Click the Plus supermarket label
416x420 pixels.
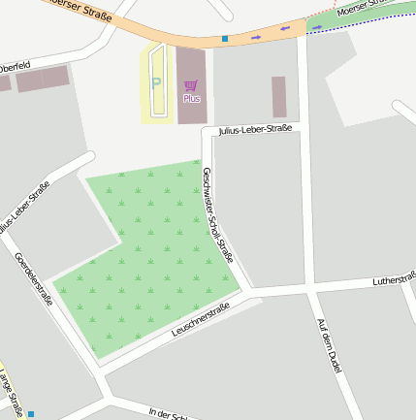(191, 99)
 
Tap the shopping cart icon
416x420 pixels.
(191, 86)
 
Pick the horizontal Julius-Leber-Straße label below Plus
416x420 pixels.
(254, 129)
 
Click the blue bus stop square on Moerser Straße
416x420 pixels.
(225, 39)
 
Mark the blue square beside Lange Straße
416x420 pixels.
(30, 414)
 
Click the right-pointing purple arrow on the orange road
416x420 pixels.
(256, 37)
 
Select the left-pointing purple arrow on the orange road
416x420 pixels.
(285, 29)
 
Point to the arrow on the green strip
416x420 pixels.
(317, 26)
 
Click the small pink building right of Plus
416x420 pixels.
(279, 97)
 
